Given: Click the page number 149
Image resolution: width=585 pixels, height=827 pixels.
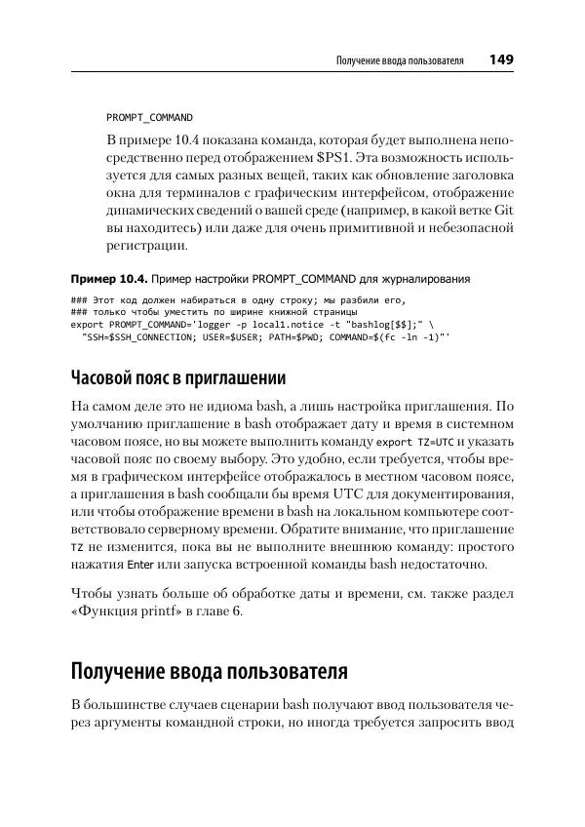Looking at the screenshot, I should [x=501, y=59].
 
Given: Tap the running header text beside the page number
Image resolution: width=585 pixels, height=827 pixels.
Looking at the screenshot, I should [x=399, y=60].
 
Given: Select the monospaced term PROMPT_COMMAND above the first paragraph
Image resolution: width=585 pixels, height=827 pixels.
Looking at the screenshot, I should [x=149, y=116].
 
